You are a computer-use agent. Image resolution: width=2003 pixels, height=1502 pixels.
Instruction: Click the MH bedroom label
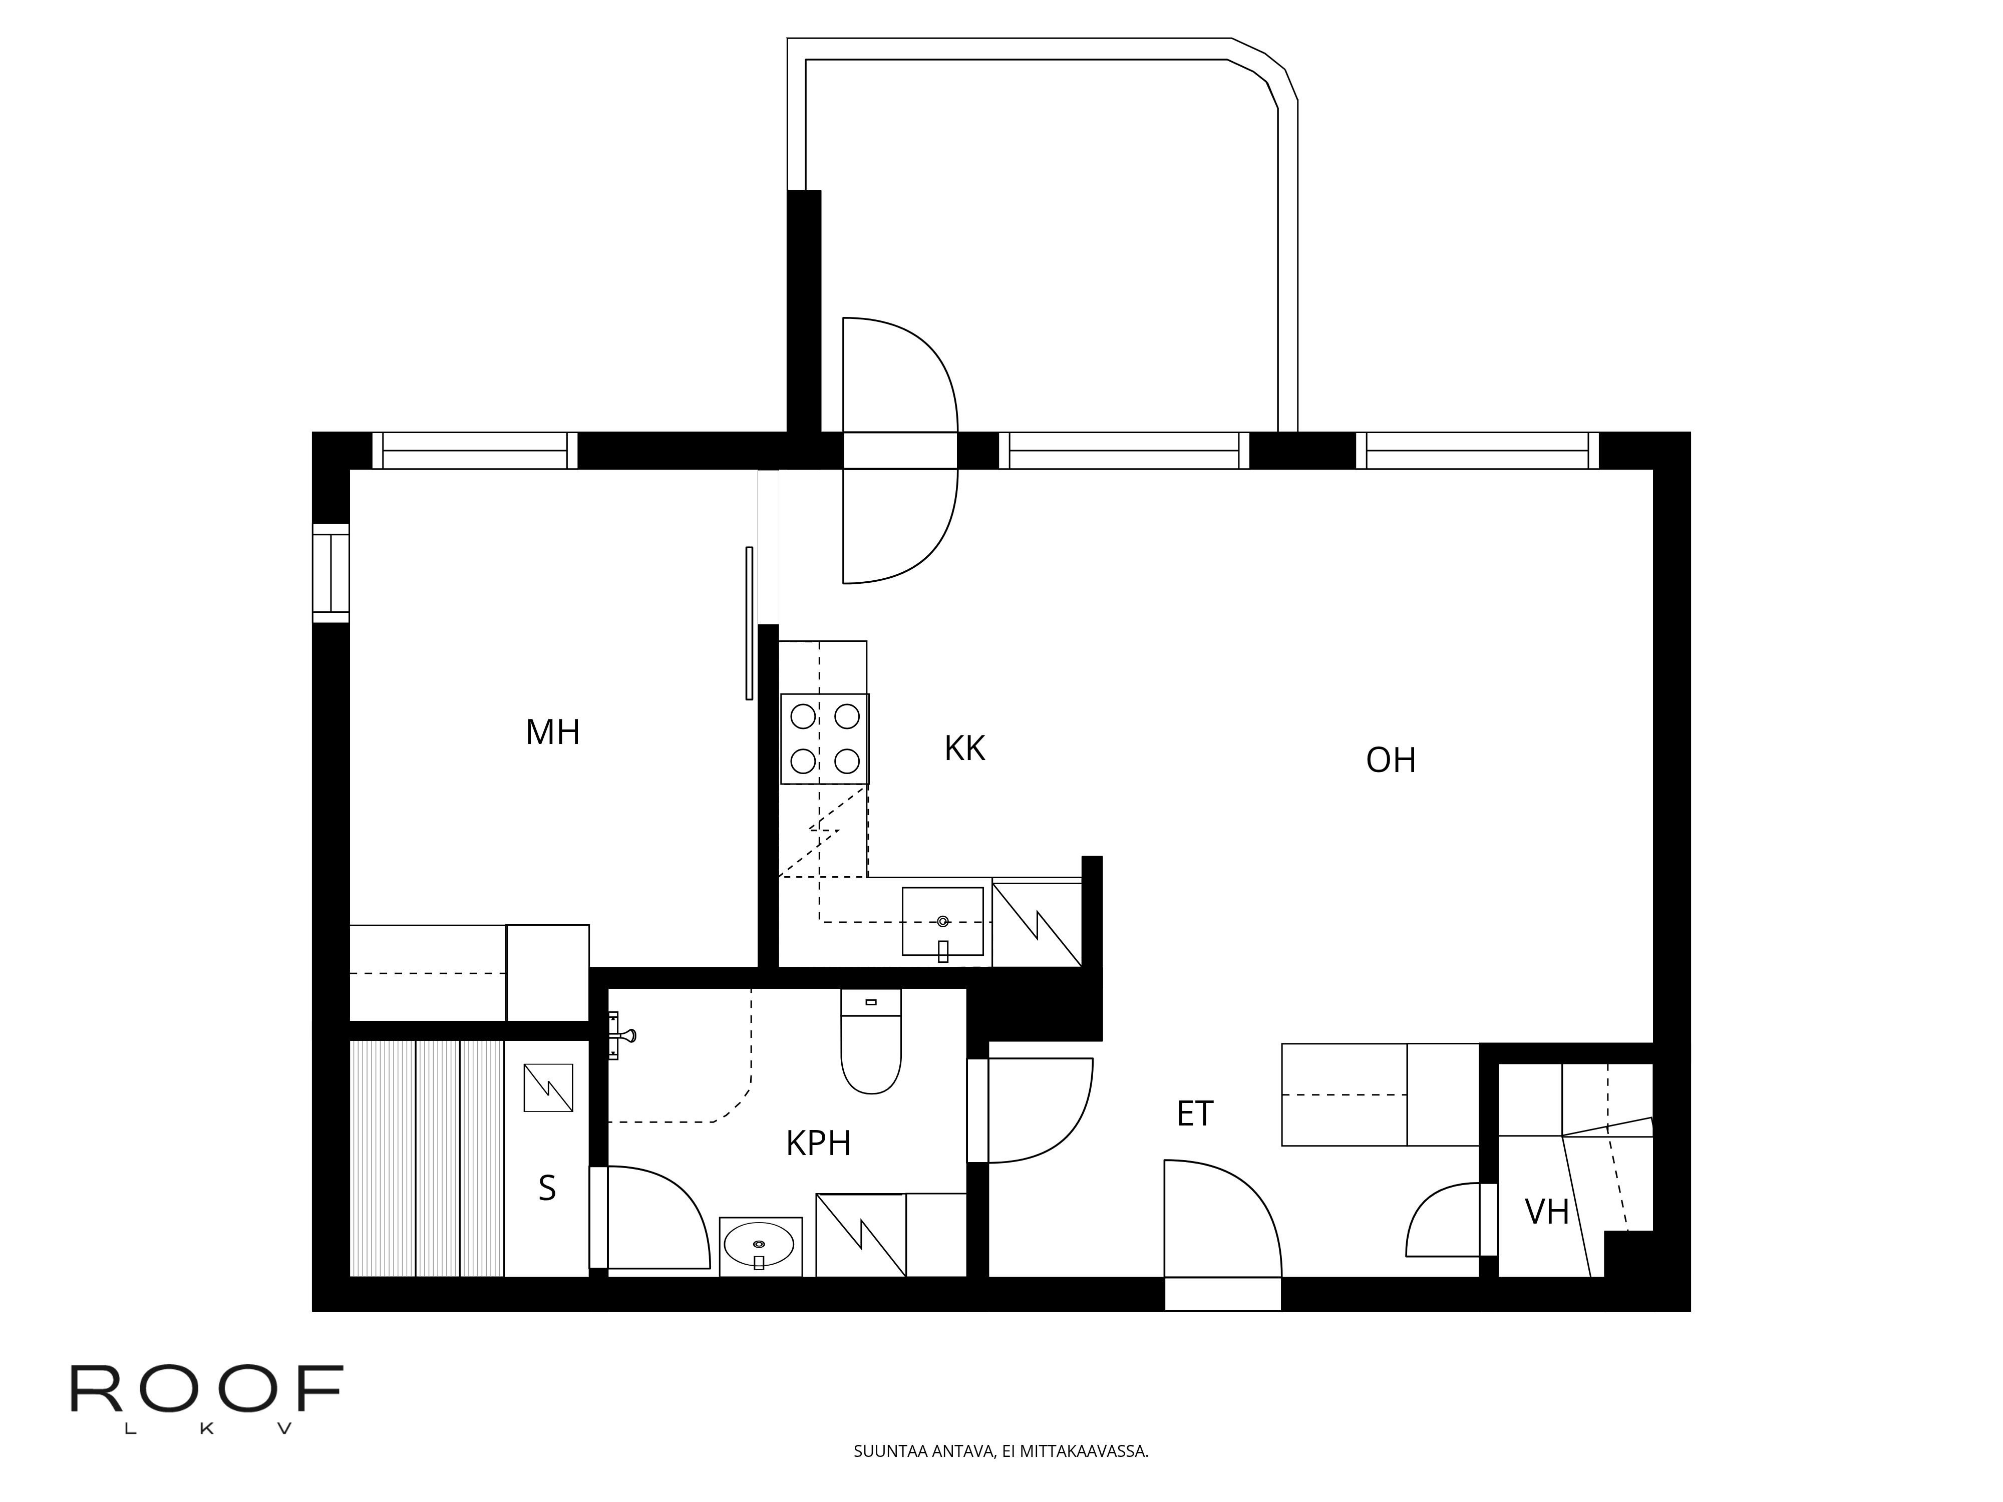pos(552,731)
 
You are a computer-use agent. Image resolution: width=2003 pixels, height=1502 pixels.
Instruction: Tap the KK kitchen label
pos(964,748)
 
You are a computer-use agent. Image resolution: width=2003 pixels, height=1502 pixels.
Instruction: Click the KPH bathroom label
pos(819,1144)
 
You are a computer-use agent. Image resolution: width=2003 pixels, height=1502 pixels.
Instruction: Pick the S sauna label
pos(547,1188)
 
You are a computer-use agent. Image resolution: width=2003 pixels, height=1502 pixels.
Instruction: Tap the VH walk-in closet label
pos(1547,1212)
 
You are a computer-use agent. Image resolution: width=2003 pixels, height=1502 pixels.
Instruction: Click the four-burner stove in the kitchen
pos(825,739)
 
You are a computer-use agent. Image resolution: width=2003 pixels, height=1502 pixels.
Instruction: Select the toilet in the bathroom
pos(871,1041)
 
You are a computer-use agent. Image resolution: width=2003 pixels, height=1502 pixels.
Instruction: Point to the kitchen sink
pos(942,922)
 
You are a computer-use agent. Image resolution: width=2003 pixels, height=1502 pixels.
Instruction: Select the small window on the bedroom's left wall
pos(330,573)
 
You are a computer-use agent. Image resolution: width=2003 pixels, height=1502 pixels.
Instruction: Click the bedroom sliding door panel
pos(749,623)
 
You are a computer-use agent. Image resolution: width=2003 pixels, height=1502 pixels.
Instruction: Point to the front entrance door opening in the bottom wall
pos(1222,1294)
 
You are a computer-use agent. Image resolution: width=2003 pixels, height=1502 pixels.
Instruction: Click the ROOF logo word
pos(207,1389)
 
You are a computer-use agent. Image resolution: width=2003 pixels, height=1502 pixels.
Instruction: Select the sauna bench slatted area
pos(427,1159)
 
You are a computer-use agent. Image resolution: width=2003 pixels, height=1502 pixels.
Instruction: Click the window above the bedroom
pos(475,451)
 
